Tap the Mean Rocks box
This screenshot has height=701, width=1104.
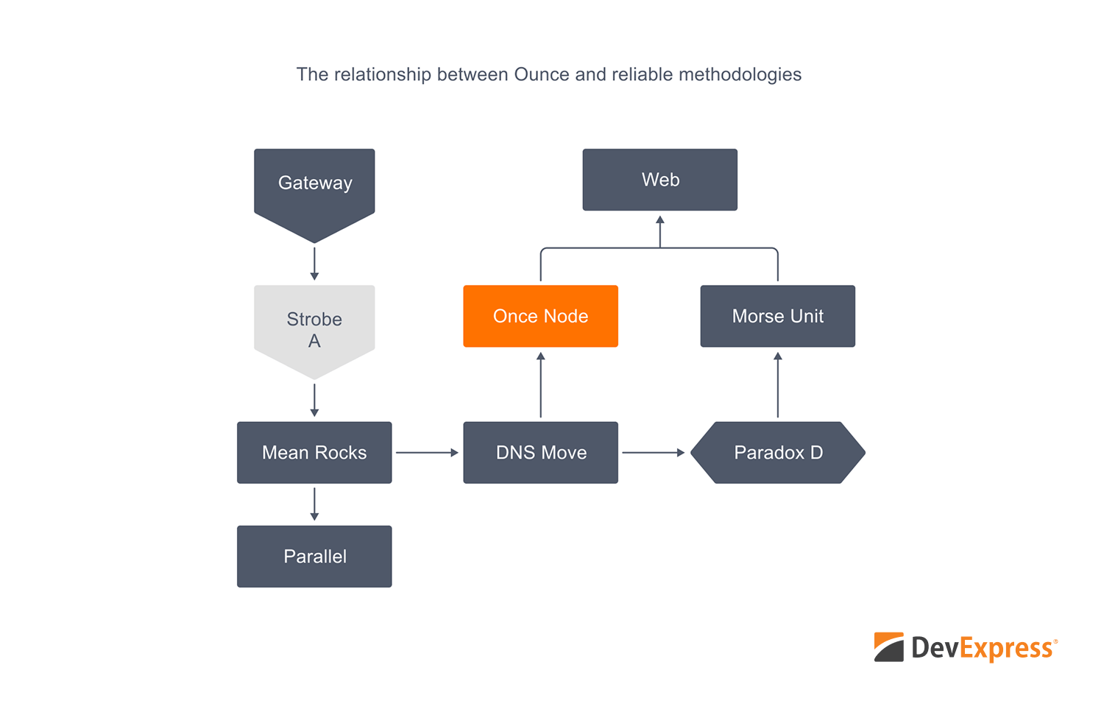[314, 452]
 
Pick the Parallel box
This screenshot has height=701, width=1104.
[314, 556]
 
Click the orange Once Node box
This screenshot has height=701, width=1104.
[540, 316]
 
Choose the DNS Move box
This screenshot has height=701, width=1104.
[540, 452]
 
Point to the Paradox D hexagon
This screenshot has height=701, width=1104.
[778, 452]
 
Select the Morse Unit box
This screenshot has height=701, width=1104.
[778, 316]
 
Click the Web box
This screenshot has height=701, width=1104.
[660, 180]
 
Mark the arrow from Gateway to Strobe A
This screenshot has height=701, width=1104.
[314, 264]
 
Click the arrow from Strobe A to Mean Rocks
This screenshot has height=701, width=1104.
[314, 400]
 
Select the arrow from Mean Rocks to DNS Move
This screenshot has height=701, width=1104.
[427, 452]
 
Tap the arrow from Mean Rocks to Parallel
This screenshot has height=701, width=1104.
[314, 504]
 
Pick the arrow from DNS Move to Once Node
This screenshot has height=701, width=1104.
[540, 384]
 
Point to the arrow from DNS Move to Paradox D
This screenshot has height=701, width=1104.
[653, 452]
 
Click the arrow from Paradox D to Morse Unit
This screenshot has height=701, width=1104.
[778, 384]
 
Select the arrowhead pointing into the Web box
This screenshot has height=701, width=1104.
[660, 220]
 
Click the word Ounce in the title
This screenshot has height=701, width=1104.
[542, 74]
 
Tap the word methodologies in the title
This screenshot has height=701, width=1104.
[740, 74]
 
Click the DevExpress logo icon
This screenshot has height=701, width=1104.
[889, 647]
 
